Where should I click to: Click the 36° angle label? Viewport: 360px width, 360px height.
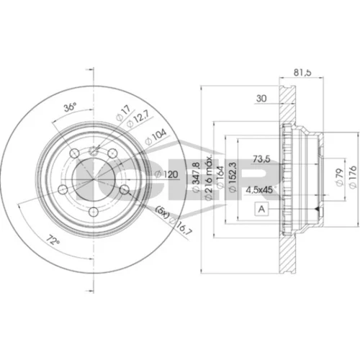tap(70, 107)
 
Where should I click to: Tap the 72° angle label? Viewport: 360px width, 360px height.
tap(53, 240)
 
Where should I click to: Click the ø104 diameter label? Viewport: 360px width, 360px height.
tap(156, 138)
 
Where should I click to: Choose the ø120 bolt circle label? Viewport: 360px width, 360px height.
tap(166, 174)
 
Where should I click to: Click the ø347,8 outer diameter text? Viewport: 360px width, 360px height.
tap(196, 176)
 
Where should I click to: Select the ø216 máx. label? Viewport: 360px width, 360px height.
tap(208, 178)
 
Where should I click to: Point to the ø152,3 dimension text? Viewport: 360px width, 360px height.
tap(233, 177)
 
